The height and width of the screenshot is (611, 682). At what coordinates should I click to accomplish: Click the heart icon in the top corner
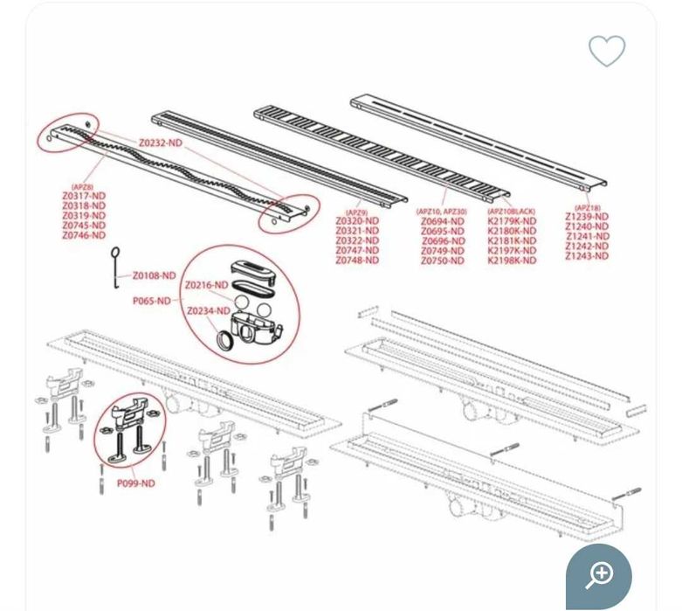pyautogui.click(x=606, y=51)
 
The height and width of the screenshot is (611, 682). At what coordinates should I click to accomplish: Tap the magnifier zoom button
pyautogui.click(x=599, y=574)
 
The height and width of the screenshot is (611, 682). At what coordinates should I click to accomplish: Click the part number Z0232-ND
pyautogui.click(x=161, y=142)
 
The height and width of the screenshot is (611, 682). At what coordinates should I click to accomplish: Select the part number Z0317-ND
pyautogui.click(x=84, y=196)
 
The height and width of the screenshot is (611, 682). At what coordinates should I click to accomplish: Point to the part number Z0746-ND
pyautogui.click(x=84, y=235)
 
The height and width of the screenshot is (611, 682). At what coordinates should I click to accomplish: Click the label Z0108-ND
pyautogui.click(x=155, y=276)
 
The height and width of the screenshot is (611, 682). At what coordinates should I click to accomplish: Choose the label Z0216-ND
pyautogui.click(x=207, y=286)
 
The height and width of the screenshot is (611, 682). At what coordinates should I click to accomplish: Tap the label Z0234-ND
pyautogui.click(x=208, y=311)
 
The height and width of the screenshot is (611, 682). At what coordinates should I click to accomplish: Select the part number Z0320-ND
pyautogui.click(x=357, y=221)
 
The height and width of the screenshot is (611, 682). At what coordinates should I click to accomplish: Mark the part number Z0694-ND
pyautogui.click(x=443, y=222)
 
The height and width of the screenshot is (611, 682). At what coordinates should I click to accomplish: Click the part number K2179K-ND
pyautogui.click(x=512, y=222)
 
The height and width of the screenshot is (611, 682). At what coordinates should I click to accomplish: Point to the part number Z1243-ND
pyautogui.click(x=587, y=255)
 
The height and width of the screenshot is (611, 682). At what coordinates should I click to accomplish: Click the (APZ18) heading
pyautogui.click(x=587, y=207)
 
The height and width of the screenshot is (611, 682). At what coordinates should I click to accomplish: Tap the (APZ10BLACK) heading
pyautogui.click(x=511, y=212)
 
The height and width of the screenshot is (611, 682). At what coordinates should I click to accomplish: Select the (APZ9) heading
pyautogui.click(x=356, y=212)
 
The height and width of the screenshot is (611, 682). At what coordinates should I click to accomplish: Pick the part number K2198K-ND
pyautogui.click(x=512, y=260)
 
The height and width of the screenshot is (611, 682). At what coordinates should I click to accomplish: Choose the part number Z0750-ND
pyautogui.click(x=443, y=260)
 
